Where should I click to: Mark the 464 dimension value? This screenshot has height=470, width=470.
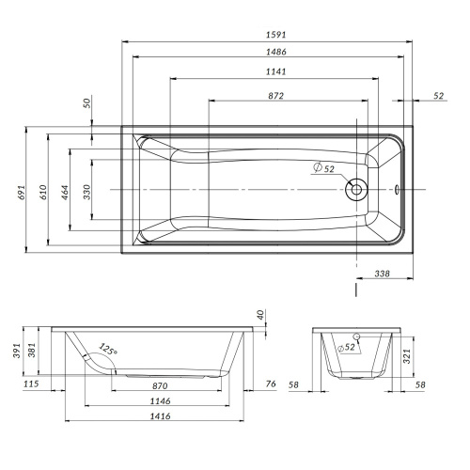(65, 192)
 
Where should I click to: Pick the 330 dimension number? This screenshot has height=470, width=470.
(86, 192)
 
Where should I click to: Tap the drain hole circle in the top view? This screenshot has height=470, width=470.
(356, 190)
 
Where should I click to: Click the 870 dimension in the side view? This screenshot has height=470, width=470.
(161, 385)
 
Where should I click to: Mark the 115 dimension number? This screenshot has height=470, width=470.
(31, 385)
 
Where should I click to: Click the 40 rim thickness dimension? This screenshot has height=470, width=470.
(260, 314)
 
